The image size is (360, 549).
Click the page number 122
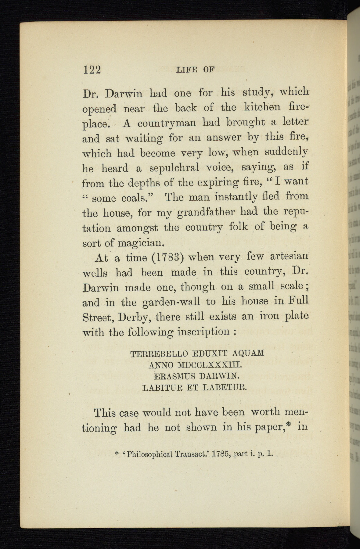92,70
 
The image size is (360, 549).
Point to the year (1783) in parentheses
167,258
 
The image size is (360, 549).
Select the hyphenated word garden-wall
171,302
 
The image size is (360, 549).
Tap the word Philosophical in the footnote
150,454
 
